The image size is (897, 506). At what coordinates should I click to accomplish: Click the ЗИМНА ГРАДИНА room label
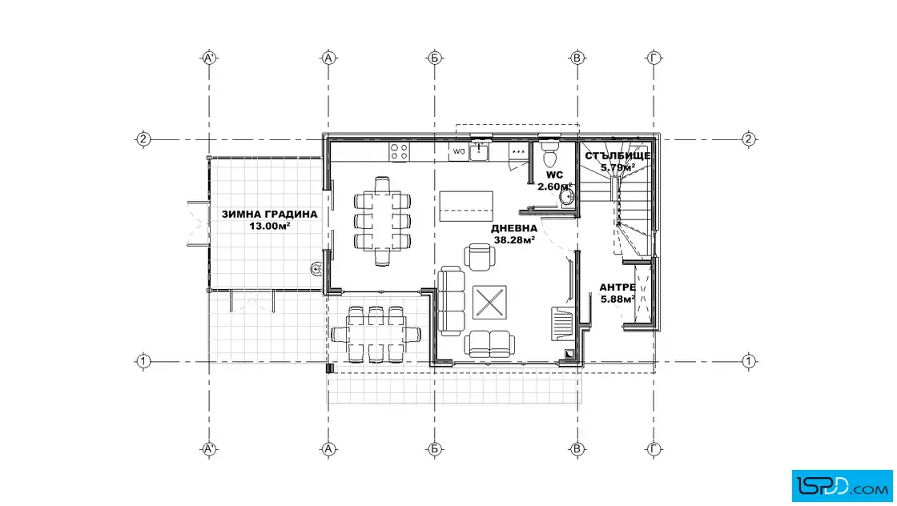[269, 215]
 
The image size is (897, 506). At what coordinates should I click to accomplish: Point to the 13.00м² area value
[269, 226]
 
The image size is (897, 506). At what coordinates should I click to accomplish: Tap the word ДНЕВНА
[514, 229]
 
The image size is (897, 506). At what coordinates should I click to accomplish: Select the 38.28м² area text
[514, 240]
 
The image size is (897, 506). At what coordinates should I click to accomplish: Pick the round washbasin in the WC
[566, 197]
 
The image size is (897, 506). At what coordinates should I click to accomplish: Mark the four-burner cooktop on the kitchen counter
[400, 151]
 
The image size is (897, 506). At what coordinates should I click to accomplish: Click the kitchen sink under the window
[479, 151]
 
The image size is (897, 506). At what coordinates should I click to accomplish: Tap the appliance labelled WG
[458, 151]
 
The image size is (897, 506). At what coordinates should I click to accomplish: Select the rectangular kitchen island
[466, 207]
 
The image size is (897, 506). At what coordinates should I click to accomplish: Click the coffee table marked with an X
[489, 302]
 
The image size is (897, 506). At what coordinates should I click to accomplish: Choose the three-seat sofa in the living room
[452, 300]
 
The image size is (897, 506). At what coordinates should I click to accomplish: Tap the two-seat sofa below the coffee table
[489, 344]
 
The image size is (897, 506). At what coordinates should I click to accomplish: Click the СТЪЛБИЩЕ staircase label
[617, 156]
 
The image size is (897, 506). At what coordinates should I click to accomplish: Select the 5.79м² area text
[617, 168]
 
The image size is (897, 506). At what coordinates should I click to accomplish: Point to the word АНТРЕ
[617, 287]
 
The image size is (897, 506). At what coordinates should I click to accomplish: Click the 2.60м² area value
[554, 187]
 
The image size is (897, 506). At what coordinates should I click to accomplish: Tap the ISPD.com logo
[842, 486]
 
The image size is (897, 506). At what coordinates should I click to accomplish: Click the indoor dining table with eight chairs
[382, 221]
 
